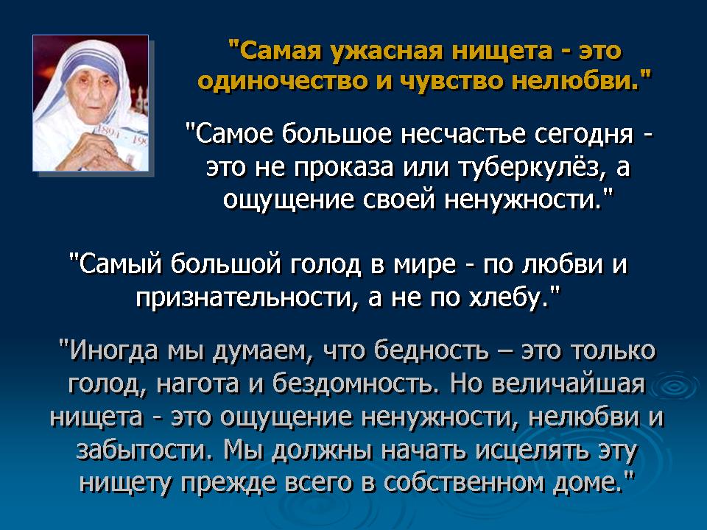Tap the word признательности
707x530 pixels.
pos(243,297)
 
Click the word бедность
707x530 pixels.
pos(432,350)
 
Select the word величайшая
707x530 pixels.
pos(569,384)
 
